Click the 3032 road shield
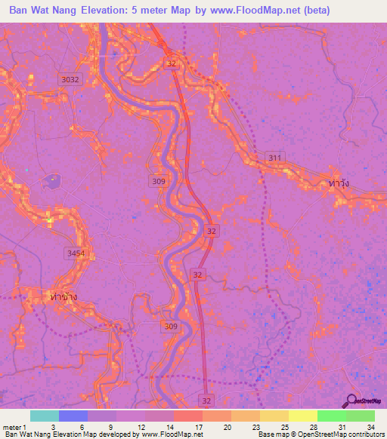coord(70,78)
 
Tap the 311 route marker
coord(275,157)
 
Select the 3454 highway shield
coord(76,253)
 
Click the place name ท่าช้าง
coord(63,296)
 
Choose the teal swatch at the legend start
coord(45,416)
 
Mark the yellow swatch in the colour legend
coord(302,416)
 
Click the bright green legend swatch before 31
coord(331,416)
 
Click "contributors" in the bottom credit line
coord(364,434)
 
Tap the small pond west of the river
coord(52,181)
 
